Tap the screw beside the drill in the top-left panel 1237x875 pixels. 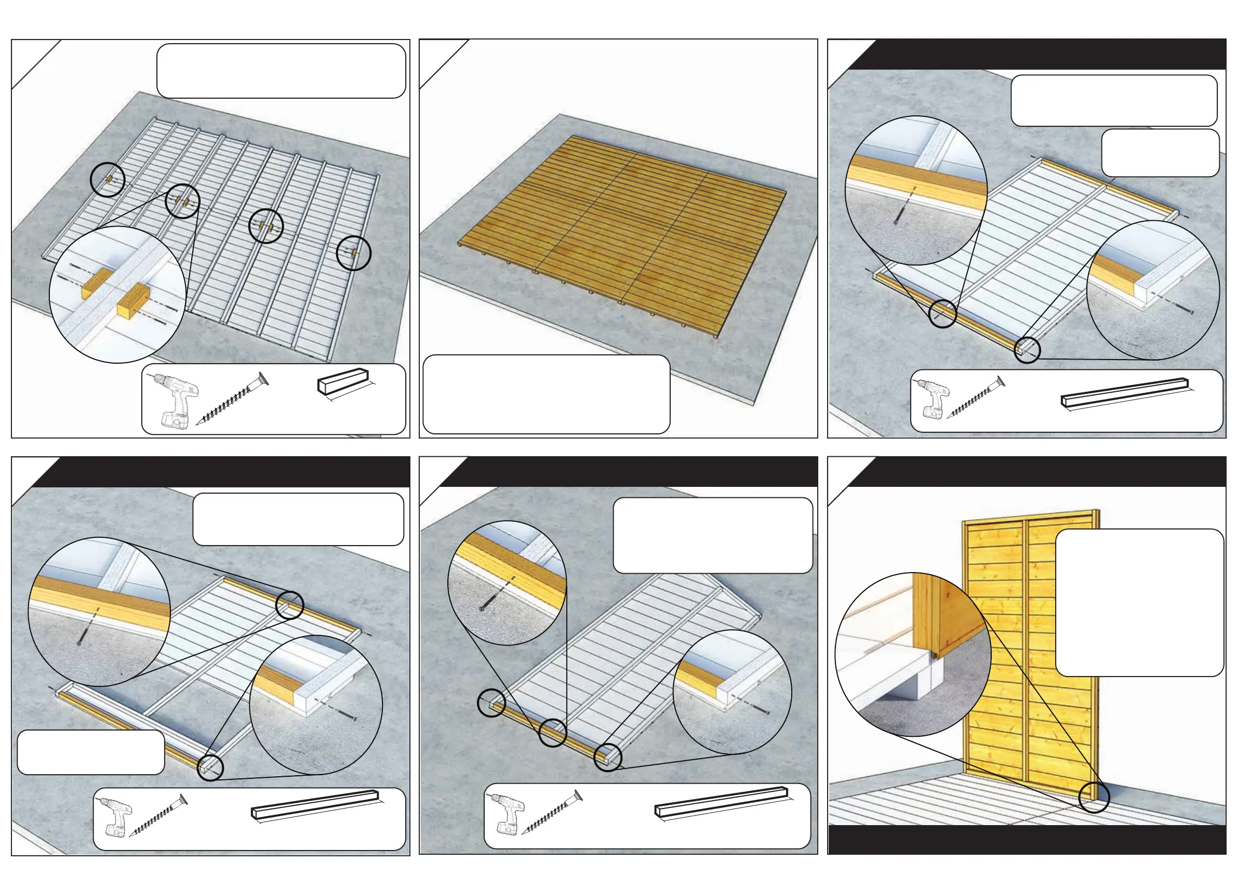[232, 398]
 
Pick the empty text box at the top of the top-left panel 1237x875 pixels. [281, 71]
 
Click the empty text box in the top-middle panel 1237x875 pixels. [547, 394]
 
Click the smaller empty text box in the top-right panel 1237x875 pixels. [1160, 152]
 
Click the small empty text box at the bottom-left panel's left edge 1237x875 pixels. [90, 752]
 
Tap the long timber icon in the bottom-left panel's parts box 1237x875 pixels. [315, 804]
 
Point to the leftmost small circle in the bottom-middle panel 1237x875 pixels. [491, 702]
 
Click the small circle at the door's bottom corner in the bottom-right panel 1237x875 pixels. [1094, 797]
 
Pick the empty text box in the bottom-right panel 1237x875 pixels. [1139, 602]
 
